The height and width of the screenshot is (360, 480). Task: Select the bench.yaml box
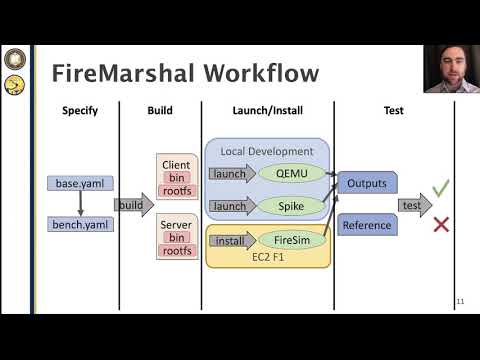[80, 224]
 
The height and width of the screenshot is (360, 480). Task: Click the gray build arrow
[134, 205]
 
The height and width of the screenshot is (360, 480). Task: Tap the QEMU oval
[291, 172]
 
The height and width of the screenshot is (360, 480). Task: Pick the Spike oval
[293, 206]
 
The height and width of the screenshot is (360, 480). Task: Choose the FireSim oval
[293, 241]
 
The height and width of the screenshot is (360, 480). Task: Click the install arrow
[234, 241]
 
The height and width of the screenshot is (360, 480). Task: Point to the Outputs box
[366, 184]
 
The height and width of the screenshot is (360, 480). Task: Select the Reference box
[366, 225]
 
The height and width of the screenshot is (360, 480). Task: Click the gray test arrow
[414, 205]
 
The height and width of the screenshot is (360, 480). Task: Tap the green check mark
[440, 187]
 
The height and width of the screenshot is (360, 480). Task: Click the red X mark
[440, 225]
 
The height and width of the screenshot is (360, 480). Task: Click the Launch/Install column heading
[267, 110]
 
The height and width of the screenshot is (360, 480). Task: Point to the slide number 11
[460, 302]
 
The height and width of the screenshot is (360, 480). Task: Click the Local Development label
[267, 151]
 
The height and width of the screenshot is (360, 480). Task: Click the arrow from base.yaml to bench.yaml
[80, 204]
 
